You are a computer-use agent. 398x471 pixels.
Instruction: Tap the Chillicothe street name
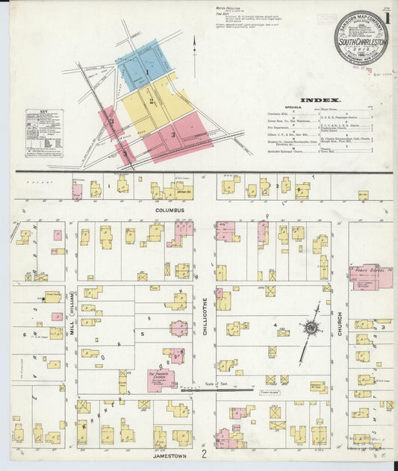[x=204, y=316]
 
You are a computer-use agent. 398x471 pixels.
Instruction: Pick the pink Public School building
[x=371, y=278]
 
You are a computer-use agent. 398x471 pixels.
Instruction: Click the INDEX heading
[x=320, y=100]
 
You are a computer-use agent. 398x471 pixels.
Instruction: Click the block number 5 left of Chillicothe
[x=142, y=334]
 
